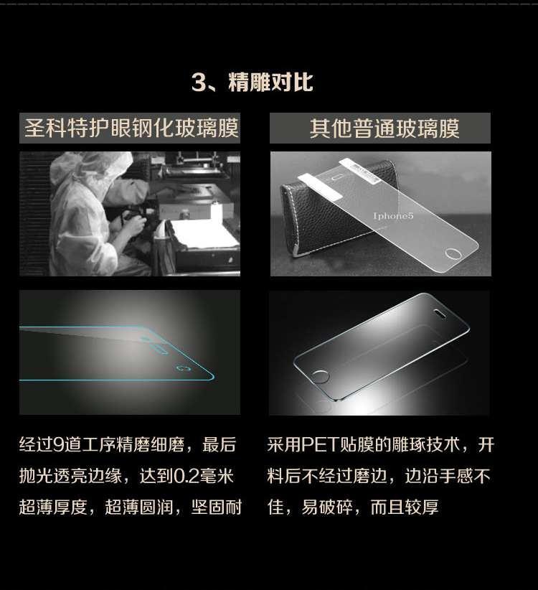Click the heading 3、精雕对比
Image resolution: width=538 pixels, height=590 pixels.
(x=252, y=82)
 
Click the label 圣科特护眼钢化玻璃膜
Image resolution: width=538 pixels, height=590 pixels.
(x=131, y=128)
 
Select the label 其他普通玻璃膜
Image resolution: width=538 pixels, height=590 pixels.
(x=384, y=128)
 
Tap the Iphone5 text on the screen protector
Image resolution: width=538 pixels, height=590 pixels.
(x=393, y=216)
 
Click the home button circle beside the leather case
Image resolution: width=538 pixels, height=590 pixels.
(x=453, y=253)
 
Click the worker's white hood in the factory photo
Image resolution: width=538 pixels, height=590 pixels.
(x=90, y=173)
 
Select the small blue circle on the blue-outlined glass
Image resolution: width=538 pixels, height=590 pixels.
(x=183, y=368)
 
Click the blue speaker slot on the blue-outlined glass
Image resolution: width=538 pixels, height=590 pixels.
(x=159, y=348)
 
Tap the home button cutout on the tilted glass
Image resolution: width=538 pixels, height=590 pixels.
(x=321, y=377)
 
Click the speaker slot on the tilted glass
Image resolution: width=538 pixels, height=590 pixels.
(x=439, y=313)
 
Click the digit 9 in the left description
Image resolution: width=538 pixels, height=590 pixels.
(x=58, y=445)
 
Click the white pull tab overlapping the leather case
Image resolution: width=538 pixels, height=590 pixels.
(x=321, y=186)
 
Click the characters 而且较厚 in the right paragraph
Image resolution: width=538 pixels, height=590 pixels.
(x=405, y=507)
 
